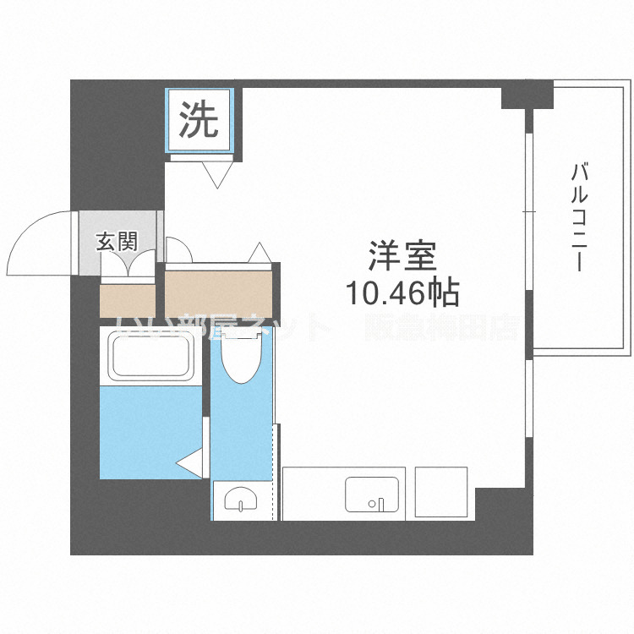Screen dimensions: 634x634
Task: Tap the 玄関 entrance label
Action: (117, 242)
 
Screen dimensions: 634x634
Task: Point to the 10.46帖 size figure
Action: (402, 292)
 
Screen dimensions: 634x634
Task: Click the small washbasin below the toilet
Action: (242, 501)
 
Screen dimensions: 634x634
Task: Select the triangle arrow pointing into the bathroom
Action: (189, 463)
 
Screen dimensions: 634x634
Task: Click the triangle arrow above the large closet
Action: (260, 253)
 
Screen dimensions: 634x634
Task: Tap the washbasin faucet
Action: (243, 507)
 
